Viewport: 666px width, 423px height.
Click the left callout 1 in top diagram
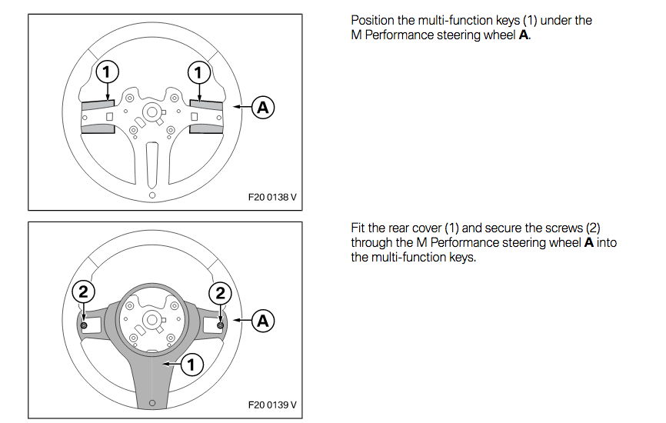pyautogui.click(x=108, y=72)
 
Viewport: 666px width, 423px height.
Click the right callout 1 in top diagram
pyautogui.click(x=198, y=72)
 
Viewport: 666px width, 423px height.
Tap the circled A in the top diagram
pyautogui.click(x=263, y=108)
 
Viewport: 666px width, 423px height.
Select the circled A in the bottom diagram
pyautogui.click(x=263, y=320)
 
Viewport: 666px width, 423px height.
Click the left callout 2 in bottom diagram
pyautogui.click(x=83, y=292)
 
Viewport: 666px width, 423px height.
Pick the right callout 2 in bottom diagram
pyautogui.click(x=220, y=292)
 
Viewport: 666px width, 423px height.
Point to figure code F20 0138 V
pyautogui.click(x=272, y=197)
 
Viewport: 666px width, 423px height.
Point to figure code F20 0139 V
pyautogui.click(x=272, y=405)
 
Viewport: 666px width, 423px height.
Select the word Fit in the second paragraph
pyautogui.click(x=358, y=229)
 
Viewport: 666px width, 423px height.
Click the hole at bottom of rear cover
pyautogui.click(x=152, y=402)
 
